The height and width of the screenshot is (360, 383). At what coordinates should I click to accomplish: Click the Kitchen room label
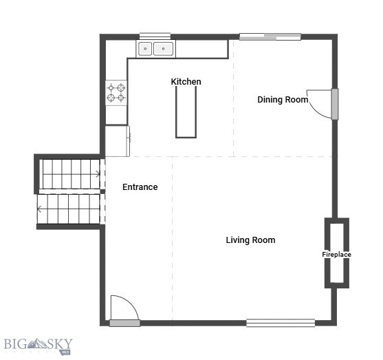coord(186,82)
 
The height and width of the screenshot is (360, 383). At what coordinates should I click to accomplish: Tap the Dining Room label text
coord(283,100)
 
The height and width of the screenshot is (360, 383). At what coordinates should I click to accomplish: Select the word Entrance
coord(140,187)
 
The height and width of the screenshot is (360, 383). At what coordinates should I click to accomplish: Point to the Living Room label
coord(250,240)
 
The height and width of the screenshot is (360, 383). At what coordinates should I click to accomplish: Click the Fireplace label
coord(336,255)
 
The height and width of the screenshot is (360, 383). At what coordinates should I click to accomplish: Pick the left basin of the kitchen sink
coord(146,49)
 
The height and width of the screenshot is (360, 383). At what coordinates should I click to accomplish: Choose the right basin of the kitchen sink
coord(163,49)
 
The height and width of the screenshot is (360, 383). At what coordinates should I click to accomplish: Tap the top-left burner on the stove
coord(111,87)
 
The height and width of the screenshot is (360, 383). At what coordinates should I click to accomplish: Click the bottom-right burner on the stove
coord(122,98)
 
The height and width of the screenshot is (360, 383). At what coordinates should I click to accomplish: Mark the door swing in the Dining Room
coord(318,104)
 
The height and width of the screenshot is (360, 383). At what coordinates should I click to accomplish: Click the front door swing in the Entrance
coord(124,307)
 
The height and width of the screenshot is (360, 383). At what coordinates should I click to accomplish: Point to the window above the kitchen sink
coord(155,36)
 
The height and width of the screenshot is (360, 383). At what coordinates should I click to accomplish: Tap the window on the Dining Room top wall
coord(270,36)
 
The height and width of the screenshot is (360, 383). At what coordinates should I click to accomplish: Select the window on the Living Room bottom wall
coord(281,322)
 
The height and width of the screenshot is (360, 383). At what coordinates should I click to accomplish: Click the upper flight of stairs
coord(69,173)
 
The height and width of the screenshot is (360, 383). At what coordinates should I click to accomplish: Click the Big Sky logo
coord(38,344)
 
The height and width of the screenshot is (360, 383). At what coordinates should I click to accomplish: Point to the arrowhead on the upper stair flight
coord(99,173)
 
